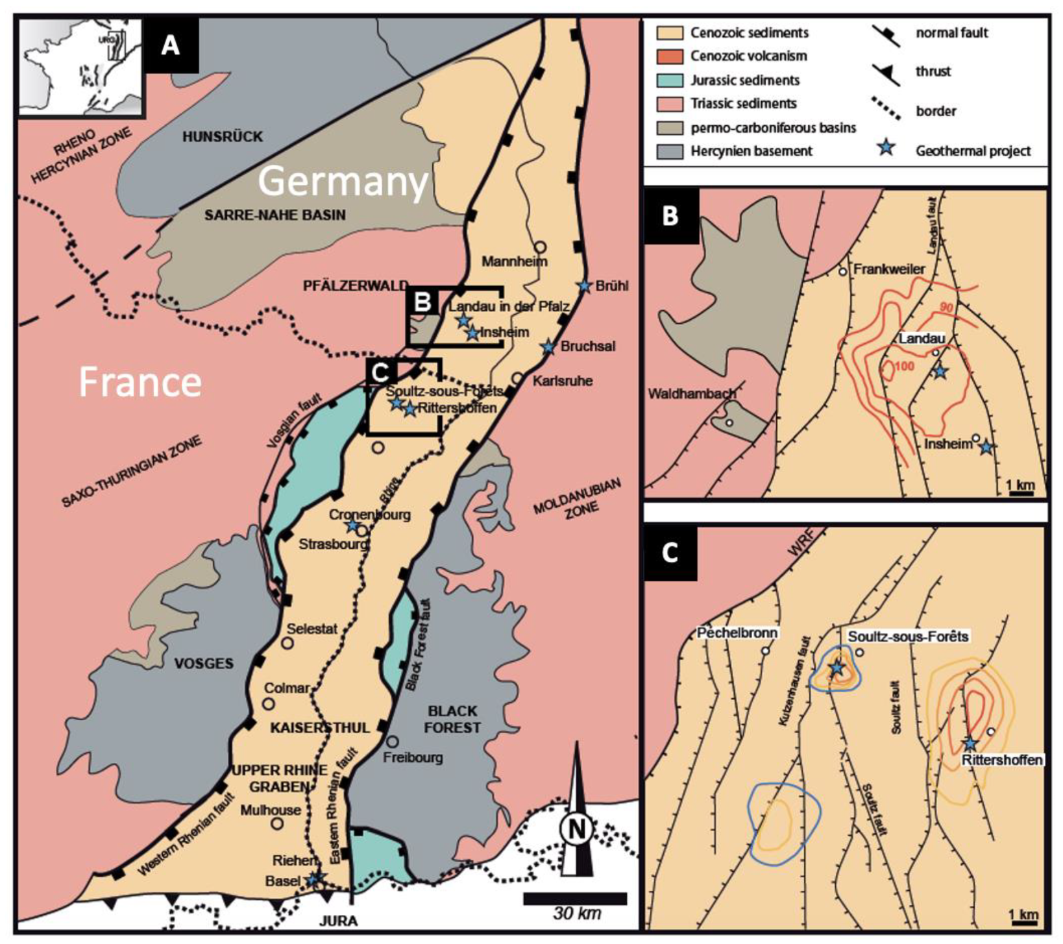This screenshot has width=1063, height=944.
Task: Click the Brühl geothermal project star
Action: pos(585,286)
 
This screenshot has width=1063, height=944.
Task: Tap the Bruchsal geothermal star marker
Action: pos(549,347)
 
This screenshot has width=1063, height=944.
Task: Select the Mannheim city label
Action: pos(514,261)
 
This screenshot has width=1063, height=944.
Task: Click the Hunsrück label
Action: pos(223,136)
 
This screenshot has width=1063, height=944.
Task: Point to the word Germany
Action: pos(343,182)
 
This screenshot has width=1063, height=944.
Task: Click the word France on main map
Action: pos(140,382)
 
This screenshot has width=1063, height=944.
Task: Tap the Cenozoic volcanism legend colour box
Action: pos(670,56)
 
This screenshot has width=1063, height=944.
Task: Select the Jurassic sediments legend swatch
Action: pos(670,80)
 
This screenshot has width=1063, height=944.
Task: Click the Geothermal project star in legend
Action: pos(886,149)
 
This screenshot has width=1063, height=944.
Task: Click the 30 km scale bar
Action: pos(575,899)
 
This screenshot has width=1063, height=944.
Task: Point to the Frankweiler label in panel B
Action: pos(888,269)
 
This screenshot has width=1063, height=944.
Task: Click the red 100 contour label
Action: pos(904,368)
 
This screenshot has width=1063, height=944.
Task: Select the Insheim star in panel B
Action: pos(986,447)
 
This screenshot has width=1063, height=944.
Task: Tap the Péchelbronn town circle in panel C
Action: pos(766,650)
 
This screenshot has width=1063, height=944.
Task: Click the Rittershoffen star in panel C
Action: pos(970,744)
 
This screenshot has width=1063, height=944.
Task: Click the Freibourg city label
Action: pos(413,757)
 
